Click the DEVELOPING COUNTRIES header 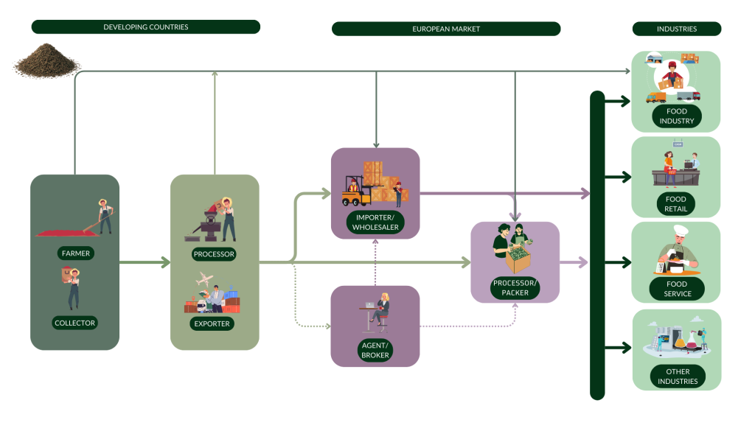pyautogui.click(x=145, y=27)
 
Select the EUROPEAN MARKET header pyautogui.click(x=445, y=29)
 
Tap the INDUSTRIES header pyautogui.click(x=676, y=29)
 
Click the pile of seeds pyautogui.click(x=46, y=60)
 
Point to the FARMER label pyautogui.click(x=75, y=253)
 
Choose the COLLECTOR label pyautogui.click(x=75, y=323)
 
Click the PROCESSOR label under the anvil pyautogui.click(x=215, y=254)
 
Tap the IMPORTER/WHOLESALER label pyautogui.click(x=375, y=222)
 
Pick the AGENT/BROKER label pyautogui.click(x=375, y=349)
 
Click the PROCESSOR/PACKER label pyautogui.click(x=515, y=287)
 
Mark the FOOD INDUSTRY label pyautogui.click(x=676, y=116)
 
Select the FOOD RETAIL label pyautogui.click(x=676, y=204)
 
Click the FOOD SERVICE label pyautogui.click(x=676, y=289)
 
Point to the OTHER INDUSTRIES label pyautogui.click(x=676, y=376)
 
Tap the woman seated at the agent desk pyautogui.click(x=383, y=306)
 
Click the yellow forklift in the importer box pyautogui.click(x=352, y=194)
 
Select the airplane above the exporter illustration pyautogui.click(x=205, y=281)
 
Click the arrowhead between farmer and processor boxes pyautogui.click(x=165, y=262)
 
